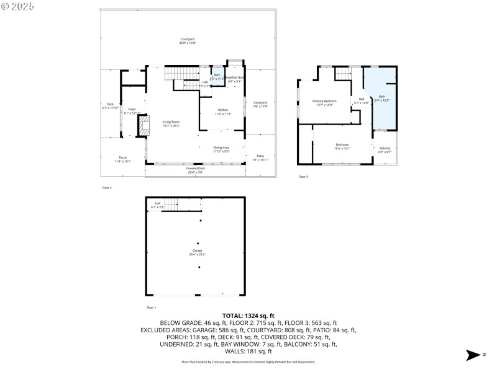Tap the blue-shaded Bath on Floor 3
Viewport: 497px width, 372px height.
tap(382, 98)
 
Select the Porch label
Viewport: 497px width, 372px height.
tap(122, 159)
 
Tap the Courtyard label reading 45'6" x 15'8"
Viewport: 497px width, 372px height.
tap(187, 41)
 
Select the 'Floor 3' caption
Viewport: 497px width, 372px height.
tap(303, 177)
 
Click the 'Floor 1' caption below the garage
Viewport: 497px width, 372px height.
tap(151, 308)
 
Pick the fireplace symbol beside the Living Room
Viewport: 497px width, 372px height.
tap(144, 128)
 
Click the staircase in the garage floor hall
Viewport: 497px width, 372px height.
tap(181, 204)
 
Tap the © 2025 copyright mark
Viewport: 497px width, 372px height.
tap(18, 6)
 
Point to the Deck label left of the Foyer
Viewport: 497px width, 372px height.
tap(110, 105)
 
